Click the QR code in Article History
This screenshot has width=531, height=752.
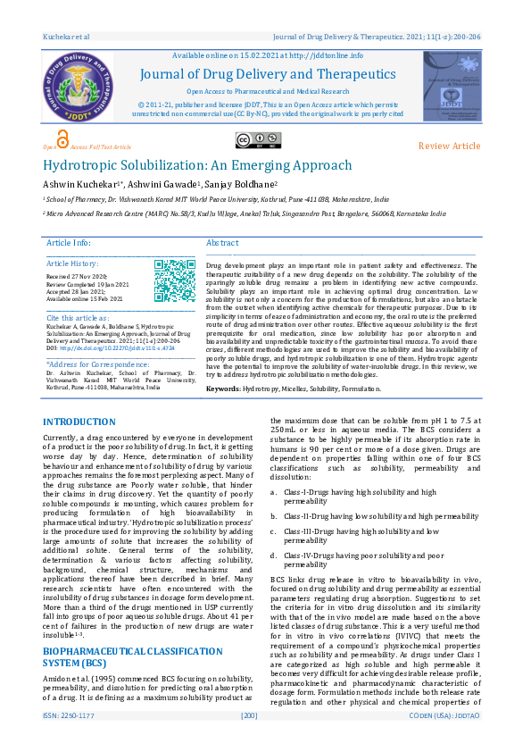(x=175, y=280)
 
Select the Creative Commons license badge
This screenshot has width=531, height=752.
(x=256, y=139)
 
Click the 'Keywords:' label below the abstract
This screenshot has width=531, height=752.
(x=228, y=389)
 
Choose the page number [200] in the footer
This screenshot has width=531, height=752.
(x=249, y=740)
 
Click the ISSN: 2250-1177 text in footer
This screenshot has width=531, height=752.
(x=67, y=740)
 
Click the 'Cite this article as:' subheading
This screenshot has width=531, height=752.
(x=79, y=318)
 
